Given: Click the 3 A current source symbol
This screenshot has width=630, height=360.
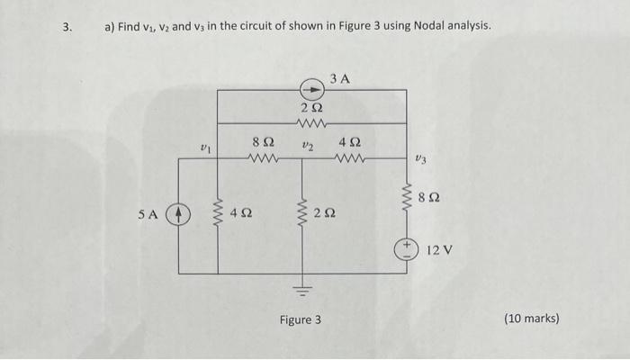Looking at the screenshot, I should [x=309, y=90].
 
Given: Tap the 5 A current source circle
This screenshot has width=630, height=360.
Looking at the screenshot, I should [x=180, y=216].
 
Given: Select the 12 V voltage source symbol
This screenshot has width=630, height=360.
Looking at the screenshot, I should [x=409, y=247].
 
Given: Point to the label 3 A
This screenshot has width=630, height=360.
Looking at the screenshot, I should [x=339, y=79].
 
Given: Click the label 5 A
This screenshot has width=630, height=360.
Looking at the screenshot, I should [x=148, y=216].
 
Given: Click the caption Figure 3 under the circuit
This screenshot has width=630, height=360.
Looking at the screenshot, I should [x=300, y=319].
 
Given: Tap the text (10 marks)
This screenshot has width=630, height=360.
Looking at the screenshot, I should [x=532, y=319].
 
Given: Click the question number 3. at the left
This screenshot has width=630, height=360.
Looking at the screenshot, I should [x=67, y=26].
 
